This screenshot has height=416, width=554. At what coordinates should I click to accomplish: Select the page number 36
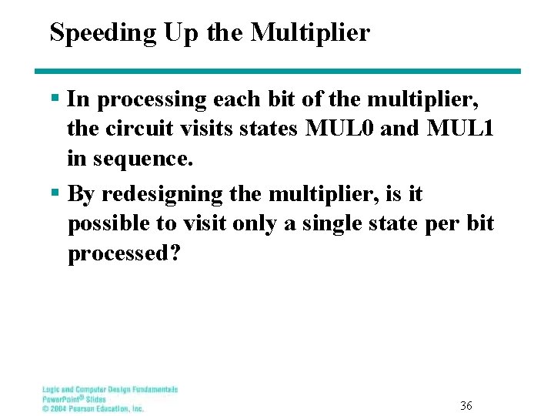click(466, 405)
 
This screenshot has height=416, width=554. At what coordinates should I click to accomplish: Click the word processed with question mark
click(125, 253)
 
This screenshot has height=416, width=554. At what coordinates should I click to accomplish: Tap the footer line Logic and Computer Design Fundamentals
click(110, 390)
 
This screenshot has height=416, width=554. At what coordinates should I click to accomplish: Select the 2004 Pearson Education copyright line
click(93, 408)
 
